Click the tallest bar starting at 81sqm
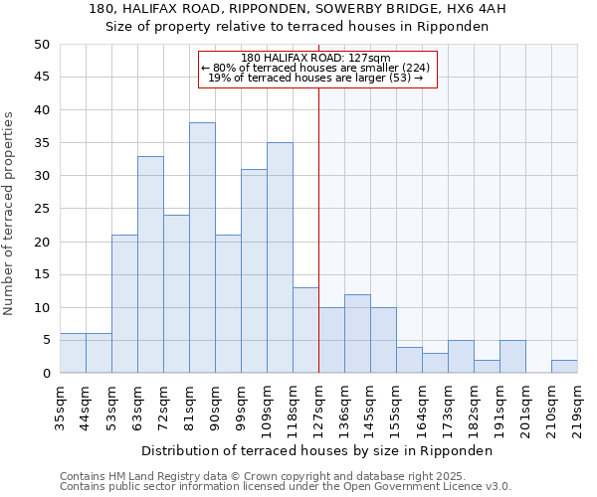[202, 248]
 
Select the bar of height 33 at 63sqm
[150, 264]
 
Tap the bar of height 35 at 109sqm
[280, 257]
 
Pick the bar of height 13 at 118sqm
[305, 330]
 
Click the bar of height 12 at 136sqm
[357, 334]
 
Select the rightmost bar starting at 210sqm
[564, 366]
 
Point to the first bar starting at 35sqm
[73, 353]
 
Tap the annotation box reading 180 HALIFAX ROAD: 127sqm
[317, 69]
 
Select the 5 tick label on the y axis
[46, 340]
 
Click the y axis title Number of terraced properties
[9, 213]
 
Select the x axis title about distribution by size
[317, 450]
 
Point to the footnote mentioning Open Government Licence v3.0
[286, 486]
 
